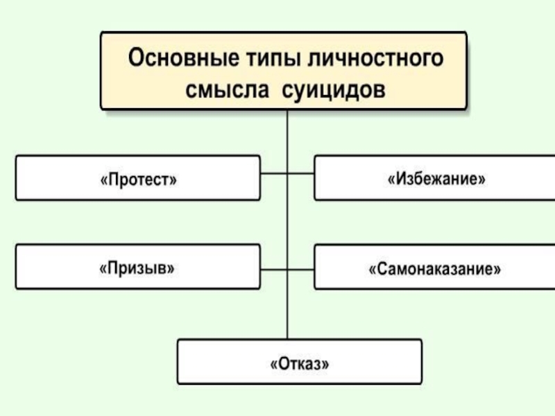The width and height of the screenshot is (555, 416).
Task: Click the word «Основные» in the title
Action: point(183,58)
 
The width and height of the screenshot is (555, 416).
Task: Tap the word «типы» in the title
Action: point(273,58)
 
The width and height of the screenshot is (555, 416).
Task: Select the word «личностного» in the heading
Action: point(375,58)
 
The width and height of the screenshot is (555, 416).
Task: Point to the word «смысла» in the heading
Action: point(228,90)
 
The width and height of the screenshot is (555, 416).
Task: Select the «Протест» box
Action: point(138,178)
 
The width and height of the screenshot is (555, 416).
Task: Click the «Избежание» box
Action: point(435,178)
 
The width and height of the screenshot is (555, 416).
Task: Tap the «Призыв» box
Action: point(138,267)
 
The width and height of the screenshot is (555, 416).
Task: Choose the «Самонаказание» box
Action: point(435,267)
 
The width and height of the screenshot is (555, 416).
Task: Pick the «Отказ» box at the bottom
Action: point(300,361)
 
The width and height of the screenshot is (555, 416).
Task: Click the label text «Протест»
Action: point(138,179)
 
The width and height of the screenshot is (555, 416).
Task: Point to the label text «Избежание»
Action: point(436,178)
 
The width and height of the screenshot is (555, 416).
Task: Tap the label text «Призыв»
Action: point(137,268)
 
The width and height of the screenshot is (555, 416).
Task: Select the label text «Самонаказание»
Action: point(435,269)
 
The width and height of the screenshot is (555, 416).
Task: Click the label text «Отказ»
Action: point(300,363)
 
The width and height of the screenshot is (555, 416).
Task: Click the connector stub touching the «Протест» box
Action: point(273,173)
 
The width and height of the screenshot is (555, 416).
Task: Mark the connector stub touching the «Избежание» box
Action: point(301,173)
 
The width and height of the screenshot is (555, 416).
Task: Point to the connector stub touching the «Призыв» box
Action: point(273,270)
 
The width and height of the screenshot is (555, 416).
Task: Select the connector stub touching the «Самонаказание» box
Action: point(301,270)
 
